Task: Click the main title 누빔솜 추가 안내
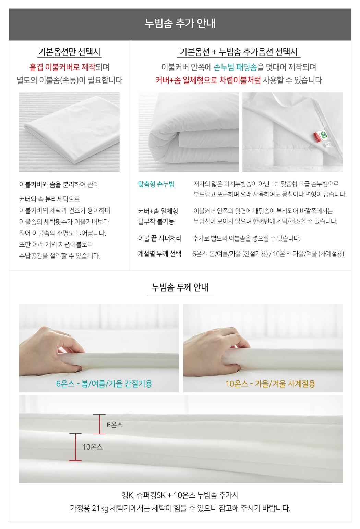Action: coord(180,23)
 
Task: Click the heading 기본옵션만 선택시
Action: coord(70,52)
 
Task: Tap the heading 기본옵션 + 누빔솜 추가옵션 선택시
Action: coord(239,52)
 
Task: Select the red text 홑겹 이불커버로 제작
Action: coord(62,67)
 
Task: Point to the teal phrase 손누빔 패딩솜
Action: coord(235,67)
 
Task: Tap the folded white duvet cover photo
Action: coord(70,132)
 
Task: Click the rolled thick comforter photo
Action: coord(188,132)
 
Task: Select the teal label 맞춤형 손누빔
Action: coord(156,184)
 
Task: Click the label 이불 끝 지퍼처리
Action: coord(159,238)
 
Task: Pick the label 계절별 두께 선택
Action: coord(159,254)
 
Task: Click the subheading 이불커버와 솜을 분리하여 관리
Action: coord(59,184)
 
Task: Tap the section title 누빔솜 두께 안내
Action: coord(180,287)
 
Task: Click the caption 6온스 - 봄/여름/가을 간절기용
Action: coord(104,384)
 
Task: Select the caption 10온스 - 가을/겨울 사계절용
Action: coord(271,384)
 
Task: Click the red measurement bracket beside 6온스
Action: coord(99,424)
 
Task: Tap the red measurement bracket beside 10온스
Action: coord(75,447)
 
